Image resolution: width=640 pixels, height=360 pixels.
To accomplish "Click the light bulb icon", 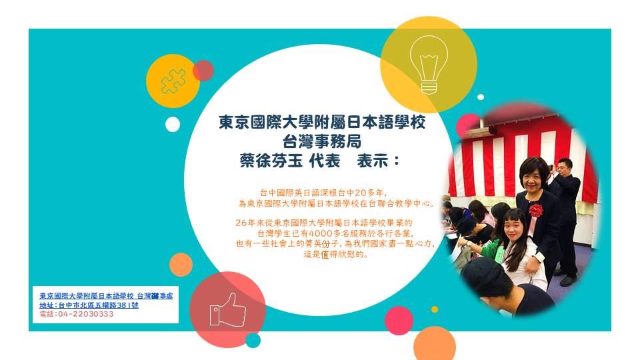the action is [429, 65].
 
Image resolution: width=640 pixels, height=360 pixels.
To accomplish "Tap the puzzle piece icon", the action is [173, 81].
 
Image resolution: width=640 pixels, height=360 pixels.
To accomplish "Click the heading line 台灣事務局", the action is [321, 141].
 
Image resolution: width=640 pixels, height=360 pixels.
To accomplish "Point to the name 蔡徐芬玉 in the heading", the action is [271, 161].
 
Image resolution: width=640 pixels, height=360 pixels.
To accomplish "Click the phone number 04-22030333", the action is [86, 314].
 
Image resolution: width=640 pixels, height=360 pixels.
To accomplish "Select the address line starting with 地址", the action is [89, 305].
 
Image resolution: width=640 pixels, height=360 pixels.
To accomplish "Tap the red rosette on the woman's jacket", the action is [536, 211].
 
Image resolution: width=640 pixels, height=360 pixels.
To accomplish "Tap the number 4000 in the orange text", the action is [323, 233].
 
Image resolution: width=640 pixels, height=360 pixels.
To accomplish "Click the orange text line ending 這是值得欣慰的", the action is [336, 254].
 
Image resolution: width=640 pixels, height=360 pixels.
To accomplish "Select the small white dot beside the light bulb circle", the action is [481, 97].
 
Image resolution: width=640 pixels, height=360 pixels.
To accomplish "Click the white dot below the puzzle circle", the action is [173, 124].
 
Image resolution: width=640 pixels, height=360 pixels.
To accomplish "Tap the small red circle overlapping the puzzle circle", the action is [203, 71].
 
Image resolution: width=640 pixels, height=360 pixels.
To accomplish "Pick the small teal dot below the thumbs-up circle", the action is [253, 341].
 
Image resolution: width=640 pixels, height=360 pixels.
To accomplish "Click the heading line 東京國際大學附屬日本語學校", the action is [322, 122].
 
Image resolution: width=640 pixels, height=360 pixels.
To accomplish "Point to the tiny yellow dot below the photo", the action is [435, 309].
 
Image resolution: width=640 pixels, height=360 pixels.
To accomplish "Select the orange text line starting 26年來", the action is [324, 223].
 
